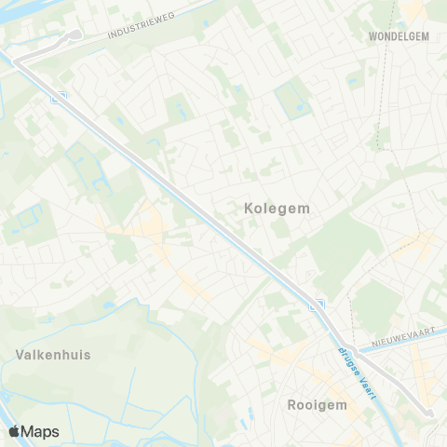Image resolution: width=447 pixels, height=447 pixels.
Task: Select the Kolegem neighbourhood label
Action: click(x=277, y=210)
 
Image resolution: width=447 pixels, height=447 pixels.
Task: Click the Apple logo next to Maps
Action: click(x=14, y=431)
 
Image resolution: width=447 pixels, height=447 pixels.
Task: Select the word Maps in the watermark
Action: click(x=40, y=431)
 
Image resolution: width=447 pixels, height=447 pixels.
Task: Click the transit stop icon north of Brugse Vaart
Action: click(x=317, y=305)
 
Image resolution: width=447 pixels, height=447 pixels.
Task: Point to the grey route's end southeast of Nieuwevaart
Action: click(x=430, y=414)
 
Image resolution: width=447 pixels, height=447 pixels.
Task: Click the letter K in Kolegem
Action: click(x=248, y=210)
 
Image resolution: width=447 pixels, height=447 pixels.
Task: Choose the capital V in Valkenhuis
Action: click(x=20, y=354)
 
